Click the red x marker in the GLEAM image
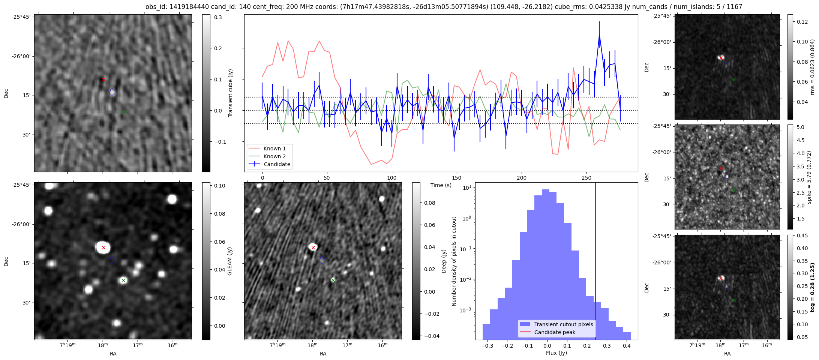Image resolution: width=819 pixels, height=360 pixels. [x=103, y=248]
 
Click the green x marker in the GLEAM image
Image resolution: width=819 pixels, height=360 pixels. [x=123, y=280]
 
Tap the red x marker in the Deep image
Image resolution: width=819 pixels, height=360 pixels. [x=313, y=247]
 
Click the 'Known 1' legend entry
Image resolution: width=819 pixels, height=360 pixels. [x=274, y=148]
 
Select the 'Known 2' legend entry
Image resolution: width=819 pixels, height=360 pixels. [x=274, y=156]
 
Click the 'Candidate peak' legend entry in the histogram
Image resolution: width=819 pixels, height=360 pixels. [x=555, y=332]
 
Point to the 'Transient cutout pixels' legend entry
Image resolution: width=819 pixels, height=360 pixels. [x=564, y=324]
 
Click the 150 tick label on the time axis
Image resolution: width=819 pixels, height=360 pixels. [x=457, y=178]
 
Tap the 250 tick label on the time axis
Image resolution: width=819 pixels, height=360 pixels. [x=586, y=178]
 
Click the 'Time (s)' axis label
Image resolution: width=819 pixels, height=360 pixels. [x=441, y=185]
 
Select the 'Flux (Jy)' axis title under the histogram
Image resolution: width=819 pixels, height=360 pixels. [x=556, y=353]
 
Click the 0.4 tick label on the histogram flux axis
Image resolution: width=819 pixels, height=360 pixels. [x=627, y=346]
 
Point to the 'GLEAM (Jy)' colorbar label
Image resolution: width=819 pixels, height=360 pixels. [x=229, y=261]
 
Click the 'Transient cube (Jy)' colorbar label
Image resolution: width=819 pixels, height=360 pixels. [x=230, y=93]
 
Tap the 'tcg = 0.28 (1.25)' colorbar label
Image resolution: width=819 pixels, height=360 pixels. [x=812, y=288]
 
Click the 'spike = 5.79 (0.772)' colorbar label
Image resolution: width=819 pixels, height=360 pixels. [x=809, y=177]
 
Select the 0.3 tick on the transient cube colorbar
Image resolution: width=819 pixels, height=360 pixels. [x=218, y=17]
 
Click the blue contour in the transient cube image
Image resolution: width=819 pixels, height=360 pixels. [x=112, y=92]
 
